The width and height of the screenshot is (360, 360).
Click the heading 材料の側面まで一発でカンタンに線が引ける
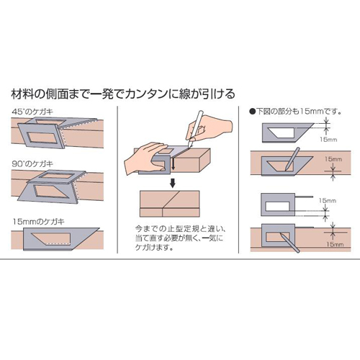pyautogui.click(x=123, y=94)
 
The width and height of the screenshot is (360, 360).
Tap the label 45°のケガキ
pyautogui.click(x=32, y=112)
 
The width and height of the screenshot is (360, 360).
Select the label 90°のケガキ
pyautogui.click(x=32, y=164)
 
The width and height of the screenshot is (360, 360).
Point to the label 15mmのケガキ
pyautogui.click(x=39, y=221)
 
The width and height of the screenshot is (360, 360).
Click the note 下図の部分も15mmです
pyautogui.click(x=296, y=112)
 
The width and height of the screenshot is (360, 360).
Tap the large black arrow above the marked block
pyautogui.click(x=172, y=183)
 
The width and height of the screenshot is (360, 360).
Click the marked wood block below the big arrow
pyautogui.click(x=169, y=204)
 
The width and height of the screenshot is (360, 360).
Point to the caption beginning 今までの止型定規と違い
pyautogui.click(x=180, y=238)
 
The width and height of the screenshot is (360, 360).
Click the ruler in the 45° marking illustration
pyautogui.click(x=58, y=132)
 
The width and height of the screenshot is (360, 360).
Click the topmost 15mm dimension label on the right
pyautogui.click(x=328, y=140)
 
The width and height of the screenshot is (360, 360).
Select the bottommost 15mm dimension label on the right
pyautogui.click(x=335, y=244)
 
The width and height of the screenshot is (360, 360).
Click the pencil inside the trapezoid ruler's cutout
pyautogui.click(x=292, y=159)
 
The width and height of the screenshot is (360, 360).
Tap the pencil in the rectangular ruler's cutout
pyautogui.click(x=289, y=243)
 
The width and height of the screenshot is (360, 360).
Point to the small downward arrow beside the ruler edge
pyautogui.click(x=173, y=164)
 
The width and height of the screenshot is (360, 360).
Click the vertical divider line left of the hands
pyautogui.click(x=117, y=179)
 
